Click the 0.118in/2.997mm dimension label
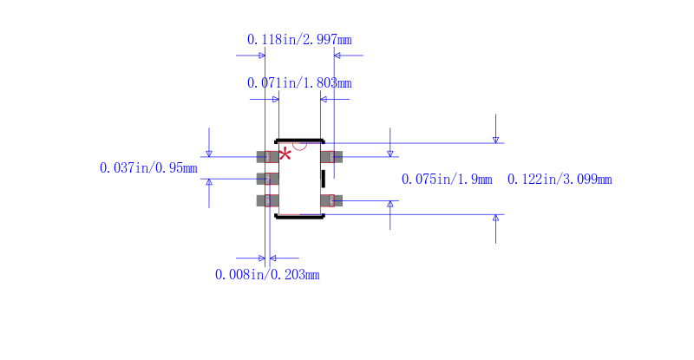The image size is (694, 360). coord(299,40)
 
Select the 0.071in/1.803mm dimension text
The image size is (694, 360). coord(299,83)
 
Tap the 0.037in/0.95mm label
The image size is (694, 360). coord(148,168)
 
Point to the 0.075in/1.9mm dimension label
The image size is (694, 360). coord(447,180)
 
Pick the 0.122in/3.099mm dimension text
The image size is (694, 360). coord(560,180)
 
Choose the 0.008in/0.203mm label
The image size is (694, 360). coord(267,275)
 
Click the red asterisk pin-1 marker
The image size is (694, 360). coord(285,154)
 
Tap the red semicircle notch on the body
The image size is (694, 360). coord(299,147)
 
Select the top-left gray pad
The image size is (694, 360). coord(267,157)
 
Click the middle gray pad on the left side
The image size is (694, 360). coord(267,179)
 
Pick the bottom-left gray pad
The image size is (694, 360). coord(267,200)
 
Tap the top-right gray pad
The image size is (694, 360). coord(331,157)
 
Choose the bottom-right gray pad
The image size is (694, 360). coord(331,200)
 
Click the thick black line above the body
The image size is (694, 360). coord(299,141)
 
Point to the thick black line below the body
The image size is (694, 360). coord(299,217)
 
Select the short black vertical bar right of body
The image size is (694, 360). coord(324,179)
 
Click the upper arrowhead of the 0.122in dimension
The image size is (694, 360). coord(495,140)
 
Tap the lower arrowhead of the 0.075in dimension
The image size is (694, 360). coord(390,204)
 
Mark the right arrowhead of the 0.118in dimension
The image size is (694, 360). coord(337,56)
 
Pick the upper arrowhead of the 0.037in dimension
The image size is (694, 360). coord(209,154)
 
